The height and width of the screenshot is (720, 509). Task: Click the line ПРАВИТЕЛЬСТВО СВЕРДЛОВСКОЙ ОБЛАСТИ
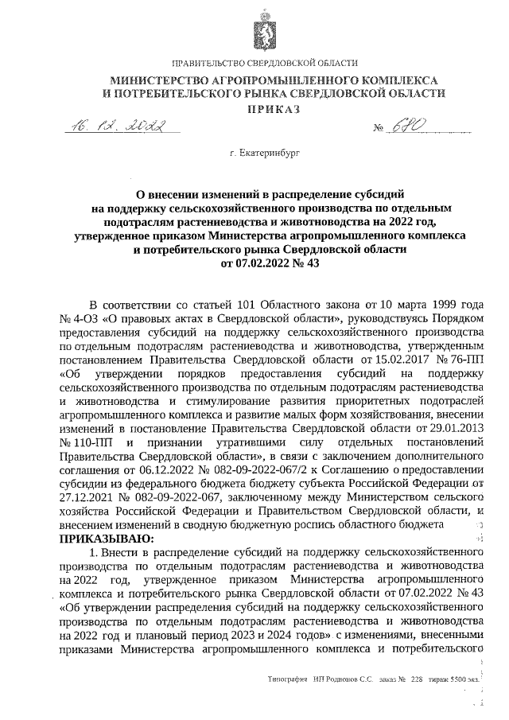[x=265, y=63]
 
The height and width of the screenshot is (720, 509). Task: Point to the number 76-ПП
[x=468, y=358]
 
